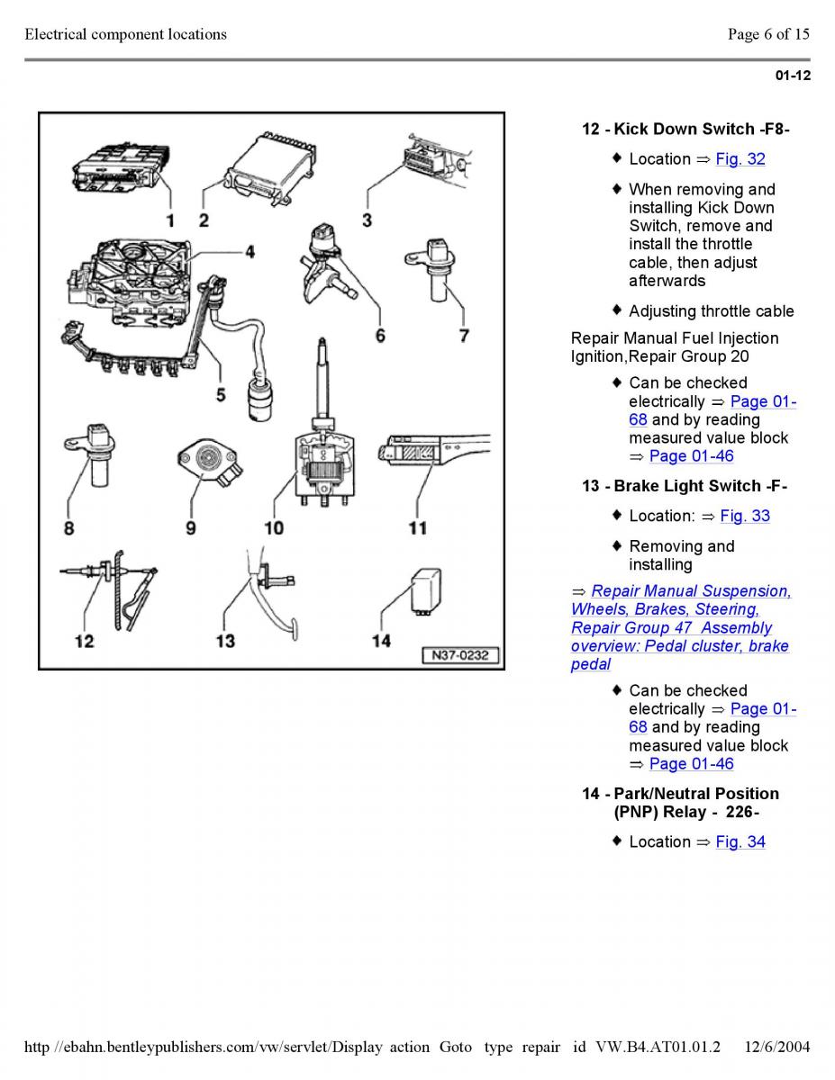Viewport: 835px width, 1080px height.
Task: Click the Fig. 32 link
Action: coord(740,159)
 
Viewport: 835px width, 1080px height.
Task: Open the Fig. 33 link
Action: coord(744,517)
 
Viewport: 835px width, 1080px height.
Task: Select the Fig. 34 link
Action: coord(740,842)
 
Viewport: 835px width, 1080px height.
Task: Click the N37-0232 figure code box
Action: coord(460,655)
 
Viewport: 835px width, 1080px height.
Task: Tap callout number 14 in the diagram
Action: coord(382,640)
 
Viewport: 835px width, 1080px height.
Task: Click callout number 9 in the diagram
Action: coord(191,528)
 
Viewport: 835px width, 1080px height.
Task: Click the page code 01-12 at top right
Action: coord(793,76)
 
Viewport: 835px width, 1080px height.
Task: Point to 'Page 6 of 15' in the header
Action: coord(768,35)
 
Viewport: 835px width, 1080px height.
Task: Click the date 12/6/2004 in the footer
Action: coord(777,1047)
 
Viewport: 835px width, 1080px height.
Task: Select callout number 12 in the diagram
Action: coord(84,641)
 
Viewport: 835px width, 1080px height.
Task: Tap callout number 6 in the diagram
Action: coord(380,336)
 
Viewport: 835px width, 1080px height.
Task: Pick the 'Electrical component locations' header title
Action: coord(126,35)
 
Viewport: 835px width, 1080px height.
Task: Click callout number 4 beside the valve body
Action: coord(250,253)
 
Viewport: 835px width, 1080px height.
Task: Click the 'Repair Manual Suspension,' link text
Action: coord(691,591)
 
